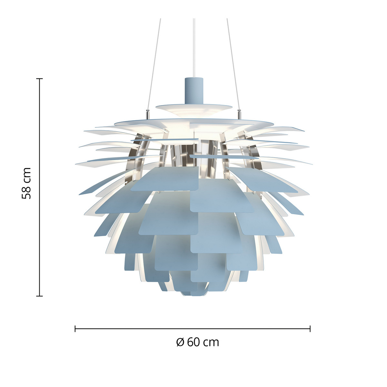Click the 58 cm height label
click(x=26, y=183)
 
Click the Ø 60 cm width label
click(x=198, y=342)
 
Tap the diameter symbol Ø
click(x=180, y=342)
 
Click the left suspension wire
click(x=154, y=64)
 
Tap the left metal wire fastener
click(x=148, y=114)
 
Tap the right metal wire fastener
click(x=239, y=114)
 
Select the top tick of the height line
click(x=39, y=79)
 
